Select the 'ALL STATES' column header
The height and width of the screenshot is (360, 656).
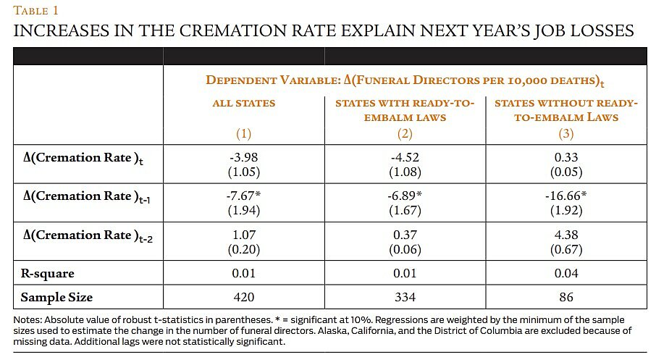244,103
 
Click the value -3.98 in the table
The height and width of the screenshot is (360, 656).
244,158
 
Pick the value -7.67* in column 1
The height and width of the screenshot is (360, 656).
244,196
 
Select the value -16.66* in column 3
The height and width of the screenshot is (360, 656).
565,196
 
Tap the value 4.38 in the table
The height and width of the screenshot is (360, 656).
565,235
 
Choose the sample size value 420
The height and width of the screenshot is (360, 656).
244,297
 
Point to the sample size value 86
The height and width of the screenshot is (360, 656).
565,297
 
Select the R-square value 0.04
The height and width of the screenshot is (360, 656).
565,274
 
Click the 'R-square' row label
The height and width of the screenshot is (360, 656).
48,274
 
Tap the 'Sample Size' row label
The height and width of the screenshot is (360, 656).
56,297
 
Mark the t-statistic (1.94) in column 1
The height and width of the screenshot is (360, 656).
244,210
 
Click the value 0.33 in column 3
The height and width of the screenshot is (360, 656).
565,158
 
